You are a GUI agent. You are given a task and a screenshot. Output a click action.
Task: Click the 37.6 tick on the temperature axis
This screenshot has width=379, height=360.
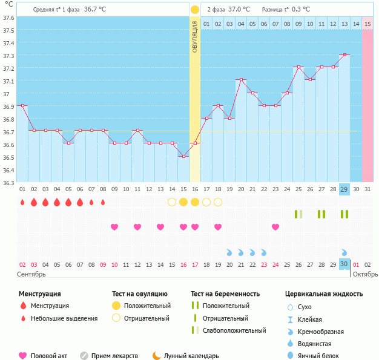8,18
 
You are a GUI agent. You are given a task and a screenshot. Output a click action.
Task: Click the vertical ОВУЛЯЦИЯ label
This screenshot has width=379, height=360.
195,36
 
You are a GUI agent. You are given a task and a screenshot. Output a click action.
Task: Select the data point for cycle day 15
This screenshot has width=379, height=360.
183,156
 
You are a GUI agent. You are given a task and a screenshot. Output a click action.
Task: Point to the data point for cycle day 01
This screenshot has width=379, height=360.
22,105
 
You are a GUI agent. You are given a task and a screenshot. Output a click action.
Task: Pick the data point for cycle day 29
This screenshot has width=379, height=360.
344,54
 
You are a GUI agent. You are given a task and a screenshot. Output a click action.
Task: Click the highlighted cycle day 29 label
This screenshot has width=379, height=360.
344,189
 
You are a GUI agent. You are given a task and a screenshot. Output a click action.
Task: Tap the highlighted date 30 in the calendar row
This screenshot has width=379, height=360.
344,264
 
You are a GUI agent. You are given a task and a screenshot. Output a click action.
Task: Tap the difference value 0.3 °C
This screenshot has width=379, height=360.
297,10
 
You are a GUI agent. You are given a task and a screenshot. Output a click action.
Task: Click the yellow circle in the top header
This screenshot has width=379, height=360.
194,10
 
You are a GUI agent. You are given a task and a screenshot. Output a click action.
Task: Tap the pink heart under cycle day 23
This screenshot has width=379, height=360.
275,227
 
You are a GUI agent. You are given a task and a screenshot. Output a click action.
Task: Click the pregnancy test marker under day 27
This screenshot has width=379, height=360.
321,214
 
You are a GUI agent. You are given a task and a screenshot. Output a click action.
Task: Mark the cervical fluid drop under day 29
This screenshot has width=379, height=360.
344,252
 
